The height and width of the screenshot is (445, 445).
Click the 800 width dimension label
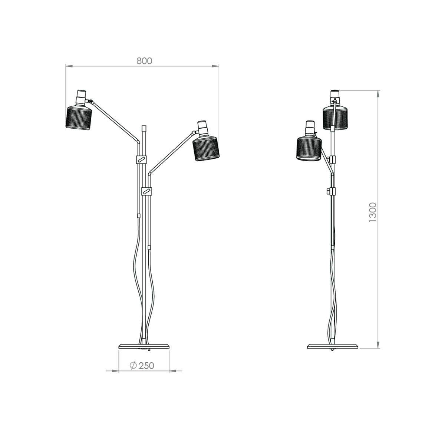click(x=144, y=61)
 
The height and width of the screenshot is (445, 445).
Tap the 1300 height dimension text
click(x=373, y=212)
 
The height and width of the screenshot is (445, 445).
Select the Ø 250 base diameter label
click(x=142, y=365)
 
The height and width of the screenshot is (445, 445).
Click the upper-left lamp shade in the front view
click(x=79, y=118)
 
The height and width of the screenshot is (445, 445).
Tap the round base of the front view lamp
click(x=143, y=347)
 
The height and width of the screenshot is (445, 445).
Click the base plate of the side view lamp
click(x=333, y=347)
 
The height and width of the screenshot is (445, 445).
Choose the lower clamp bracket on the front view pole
click(x=148, y=191)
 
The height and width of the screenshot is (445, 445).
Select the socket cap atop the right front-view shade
click(x=202, y=128)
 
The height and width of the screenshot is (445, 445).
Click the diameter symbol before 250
click(x=133, y=365)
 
